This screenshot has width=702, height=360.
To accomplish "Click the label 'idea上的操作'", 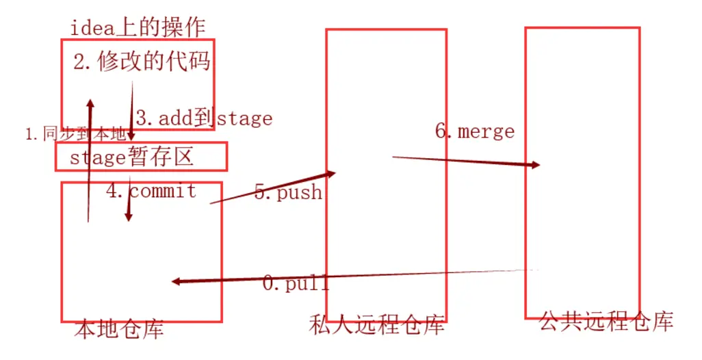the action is click(138, 27).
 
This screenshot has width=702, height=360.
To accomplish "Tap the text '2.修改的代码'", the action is click(142, 62).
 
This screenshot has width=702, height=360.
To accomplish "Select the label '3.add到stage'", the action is click(204, 118).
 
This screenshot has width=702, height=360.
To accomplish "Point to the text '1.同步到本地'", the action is click(75, 134).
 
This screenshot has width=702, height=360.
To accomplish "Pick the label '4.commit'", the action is click(151, 191).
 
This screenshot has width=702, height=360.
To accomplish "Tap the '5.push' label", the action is click(288, 192).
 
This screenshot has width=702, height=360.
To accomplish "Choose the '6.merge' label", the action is click(475, 131).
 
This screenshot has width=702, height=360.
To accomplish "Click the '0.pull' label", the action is click(296, 282).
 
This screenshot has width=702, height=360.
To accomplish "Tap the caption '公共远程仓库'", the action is click(606, 320).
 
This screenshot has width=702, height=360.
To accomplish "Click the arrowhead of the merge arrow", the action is click(535, 165).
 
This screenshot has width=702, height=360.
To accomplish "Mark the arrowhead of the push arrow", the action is click(331, 173).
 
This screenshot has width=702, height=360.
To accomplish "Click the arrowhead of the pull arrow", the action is click(177, 281).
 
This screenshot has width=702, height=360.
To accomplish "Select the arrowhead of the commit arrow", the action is click(128, 216).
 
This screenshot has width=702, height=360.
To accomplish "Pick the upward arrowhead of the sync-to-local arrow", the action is click(89, 102).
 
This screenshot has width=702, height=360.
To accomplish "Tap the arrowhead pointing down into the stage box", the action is click(131, 136).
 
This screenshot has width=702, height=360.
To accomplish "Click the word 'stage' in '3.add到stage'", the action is click(245, 118).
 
